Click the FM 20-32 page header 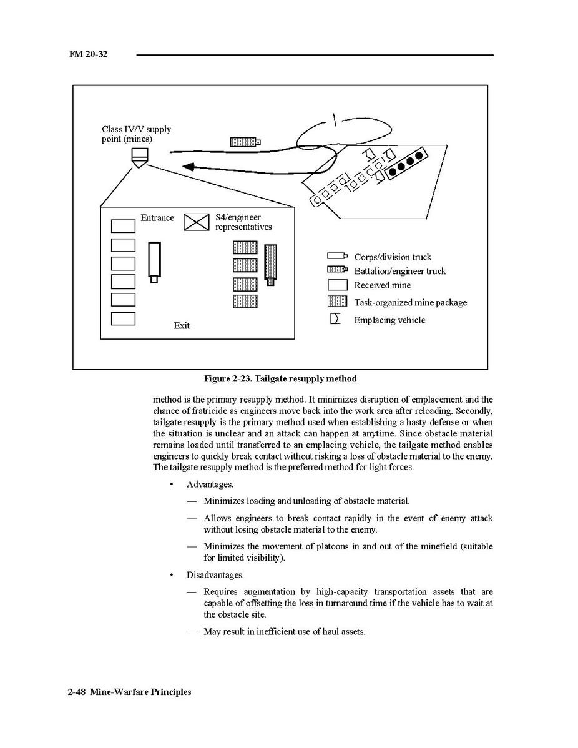click(88, 54)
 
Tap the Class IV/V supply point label click(136, 134)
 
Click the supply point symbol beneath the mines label click(140, 157)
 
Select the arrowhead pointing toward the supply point click(188, 167)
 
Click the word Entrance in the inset click(157, 218)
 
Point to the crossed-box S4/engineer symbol click(196, 222)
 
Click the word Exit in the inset click(182, 326)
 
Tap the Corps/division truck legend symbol click(337, 256)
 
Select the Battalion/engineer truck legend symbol click(337, 270)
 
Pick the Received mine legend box click(337, 285)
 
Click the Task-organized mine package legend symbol click(337, 302)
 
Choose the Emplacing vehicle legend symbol click(336, 319)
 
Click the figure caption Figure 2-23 click(280, 379)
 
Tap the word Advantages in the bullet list click(210, 485)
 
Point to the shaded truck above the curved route click(245, 142)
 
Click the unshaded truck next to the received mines click(154, 262)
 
